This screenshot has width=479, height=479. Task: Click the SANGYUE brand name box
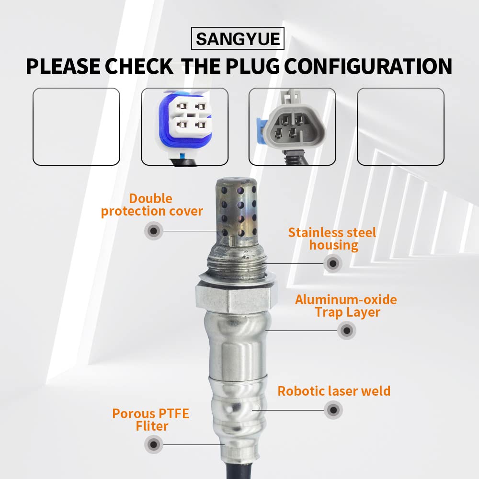pyautogui.click(x=238, y=38)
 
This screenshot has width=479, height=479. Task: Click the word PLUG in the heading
pyautogui.click(x=252, y=66)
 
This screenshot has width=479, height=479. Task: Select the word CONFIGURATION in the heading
pyautogui.click(x=368, y=66)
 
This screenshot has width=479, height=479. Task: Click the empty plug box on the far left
pyautogui.click(x=76, y=127)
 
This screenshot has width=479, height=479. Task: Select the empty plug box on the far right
pyautogui.click(x=400, y=127)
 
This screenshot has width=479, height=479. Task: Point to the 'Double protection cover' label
pyautogui.click(x=152, y=205)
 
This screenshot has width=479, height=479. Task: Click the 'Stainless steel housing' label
pyautogui.click(x=332, y=239)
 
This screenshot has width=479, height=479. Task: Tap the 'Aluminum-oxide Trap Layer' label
pyautogui.click(x=346, y=306)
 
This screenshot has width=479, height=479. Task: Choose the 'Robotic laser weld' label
pyautogui.click(x=334, y=391)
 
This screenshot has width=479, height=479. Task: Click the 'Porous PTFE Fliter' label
pyautogui.click(x=150, y=420)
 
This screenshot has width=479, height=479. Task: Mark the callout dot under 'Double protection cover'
pyautogui.click(x=154, y=231)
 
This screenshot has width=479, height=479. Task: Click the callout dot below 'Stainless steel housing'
pyautogui.click(x=333, y=263)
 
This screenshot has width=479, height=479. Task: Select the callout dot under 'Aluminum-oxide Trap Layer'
pyautogui.click(x=347, y=330)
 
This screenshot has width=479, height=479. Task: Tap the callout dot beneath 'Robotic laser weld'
pyautogui.click(x=333, y=410)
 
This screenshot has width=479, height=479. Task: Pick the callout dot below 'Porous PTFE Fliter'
pyautogui.click(x=154, y=445)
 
